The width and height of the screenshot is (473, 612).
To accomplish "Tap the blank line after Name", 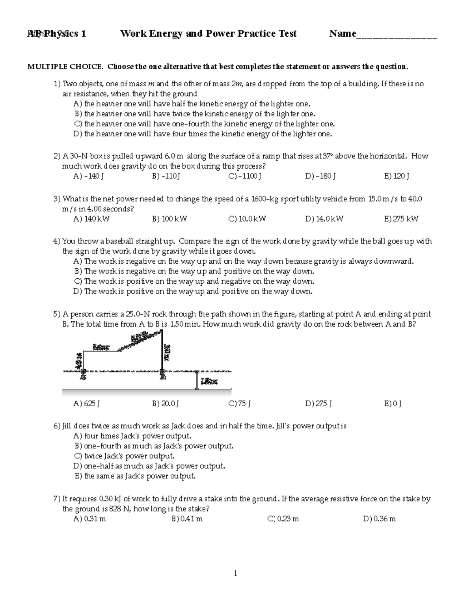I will tap(397, 35).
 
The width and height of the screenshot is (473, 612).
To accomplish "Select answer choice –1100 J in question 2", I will tap(245, 176).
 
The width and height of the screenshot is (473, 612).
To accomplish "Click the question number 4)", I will tap(57, 241).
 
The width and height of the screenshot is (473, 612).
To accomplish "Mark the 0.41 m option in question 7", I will tap(187, 519).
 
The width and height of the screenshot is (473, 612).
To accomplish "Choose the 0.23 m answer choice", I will tap(283, 519).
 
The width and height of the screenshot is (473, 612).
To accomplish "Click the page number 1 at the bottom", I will tap(236, 573).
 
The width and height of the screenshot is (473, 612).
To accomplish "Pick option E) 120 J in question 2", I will tap(397, 176).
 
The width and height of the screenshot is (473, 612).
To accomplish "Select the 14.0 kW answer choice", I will tap(324, 219).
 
